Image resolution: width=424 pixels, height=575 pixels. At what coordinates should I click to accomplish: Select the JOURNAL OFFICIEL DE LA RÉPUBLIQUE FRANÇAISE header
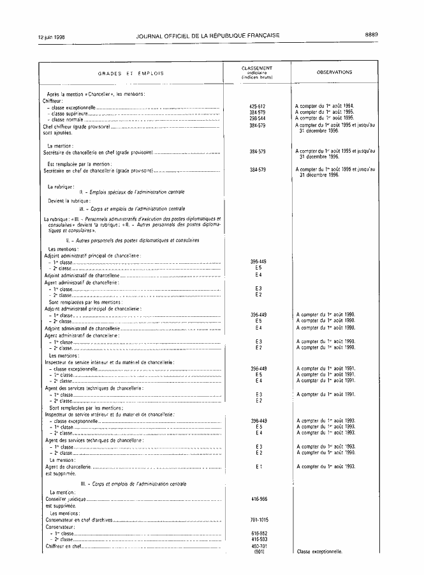[x=208, y=35]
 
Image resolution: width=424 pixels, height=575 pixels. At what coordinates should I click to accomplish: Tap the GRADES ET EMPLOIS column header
[x=131, y=73]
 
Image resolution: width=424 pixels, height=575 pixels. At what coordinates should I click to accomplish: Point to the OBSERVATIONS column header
[x=334, y=72]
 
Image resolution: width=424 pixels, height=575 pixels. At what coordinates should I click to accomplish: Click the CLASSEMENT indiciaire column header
[x=257, y=72]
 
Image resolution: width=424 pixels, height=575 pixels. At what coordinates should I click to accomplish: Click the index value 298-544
[x=258, y=119]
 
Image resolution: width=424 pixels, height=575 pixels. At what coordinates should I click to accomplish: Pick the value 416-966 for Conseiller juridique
[x=258, y=498]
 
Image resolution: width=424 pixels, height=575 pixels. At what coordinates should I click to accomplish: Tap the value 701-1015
[x=258, y=520]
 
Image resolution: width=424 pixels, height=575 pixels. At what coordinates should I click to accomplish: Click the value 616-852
[x=258, y=533]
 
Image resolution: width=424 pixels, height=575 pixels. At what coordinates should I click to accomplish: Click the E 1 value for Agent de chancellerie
[x=258, y=466]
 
